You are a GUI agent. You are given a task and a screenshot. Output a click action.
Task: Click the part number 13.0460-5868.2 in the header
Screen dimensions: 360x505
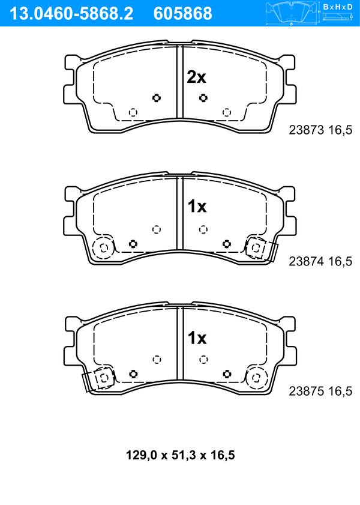(x=71, y=14)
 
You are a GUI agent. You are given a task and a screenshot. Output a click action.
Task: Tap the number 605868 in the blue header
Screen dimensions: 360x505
(x=183, y=14)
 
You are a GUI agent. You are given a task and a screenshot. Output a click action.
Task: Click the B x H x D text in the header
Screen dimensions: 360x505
(x=338, y=7)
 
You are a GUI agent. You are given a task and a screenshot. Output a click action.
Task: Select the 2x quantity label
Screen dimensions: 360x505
(x=196, y=77)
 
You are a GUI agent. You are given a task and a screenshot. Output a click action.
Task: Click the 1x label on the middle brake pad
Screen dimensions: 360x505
(x=197, y=207)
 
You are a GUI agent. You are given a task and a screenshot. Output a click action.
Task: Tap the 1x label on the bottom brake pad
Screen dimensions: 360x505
(x=197, y=338)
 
